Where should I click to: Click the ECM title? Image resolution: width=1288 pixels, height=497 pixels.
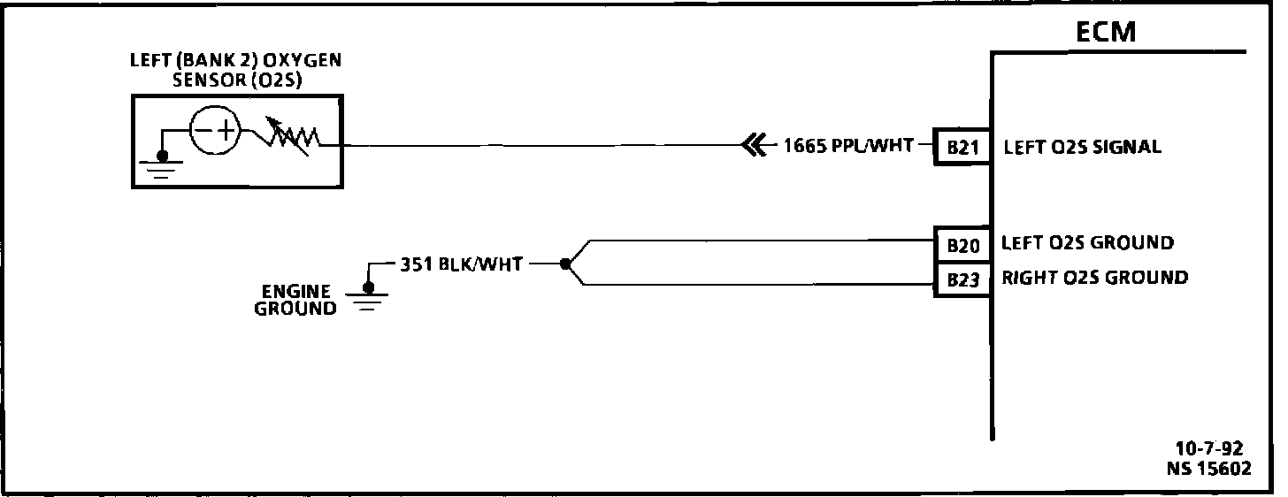[x=1105, y=32]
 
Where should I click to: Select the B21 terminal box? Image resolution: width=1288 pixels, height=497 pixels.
[x=962, y=148]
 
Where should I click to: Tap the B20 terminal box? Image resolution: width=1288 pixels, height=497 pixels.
[x=962, y=246]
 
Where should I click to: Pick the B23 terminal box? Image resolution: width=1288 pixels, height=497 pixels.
[x=962, y=280]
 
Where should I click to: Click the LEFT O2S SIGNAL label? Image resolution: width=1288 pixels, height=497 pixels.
[x=1082, y=148]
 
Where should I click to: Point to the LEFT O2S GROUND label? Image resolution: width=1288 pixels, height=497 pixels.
[x=1087, y=242]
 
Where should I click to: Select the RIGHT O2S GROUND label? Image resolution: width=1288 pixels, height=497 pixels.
[x=1093, y=278]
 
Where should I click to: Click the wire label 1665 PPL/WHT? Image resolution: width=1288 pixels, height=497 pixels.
[x=848, y=145]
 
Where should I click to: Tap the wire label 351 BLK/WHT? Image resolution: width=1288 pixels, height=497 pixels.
[x=461, y=263]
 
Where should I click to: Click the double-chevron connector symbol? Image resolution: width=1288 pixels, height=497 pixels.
[x=755, y=145]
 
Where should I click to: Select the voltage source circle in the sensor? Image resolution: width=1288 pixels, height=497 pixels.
[x=215, y=133]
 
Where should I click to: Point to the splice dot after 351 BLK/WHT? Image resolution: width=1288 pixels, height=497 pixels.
[x=564, y=263]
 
